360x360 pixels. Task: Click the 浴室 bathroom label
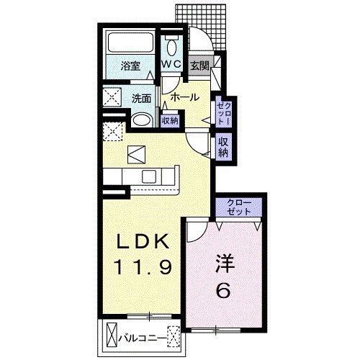pyautogui.click(x=130, y=66)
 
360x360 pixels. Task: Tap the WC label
pyautogui.click(x=171, y=64)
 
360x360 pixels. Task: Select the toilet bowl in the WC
pyautogui.click(x=171, y=48)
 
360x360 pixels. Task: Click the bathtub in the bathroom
pyautogui.click(x=130, y=42)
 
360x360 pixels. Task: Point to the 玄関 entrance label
pyautogui.click(x=199, y=66)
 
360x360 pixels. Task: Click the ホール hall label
pyautogui.click(x=185, y=97)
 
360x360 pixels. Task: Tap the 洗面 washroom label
pyautogui.click(x=142, y=99)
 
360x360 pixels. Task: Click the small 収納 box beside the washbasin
pyautogui.click(x=170, y=120)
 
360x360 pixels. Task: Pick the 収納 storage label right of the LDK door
pyautogui.click(x=223, y=147)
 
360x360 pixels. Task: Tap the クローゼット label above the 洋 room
pyautogui.click(x=239, y=207)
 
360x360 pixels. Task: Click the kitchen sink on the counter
pyautogui.click(x=149, y=177)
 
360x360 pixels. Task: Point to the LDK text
pyautogui.click(x=143, y=241)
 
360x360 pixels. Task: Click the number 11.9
pyautogui.click(x=143, y=266)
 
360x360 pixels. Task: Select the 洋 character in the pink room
pyautogui.click(x=225, y=263)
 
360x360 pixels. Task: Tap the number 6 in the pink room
pyautogui.click(x=223, y=290)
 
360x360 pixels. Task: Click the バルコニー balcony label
pyautogui.click(x=143, y=338)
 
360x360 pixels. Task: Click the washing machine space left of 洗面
pyautogui.click(x=112, y=97)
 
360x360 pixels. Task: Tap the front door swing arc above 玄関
pyautogui.click(x=204, y=34)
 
